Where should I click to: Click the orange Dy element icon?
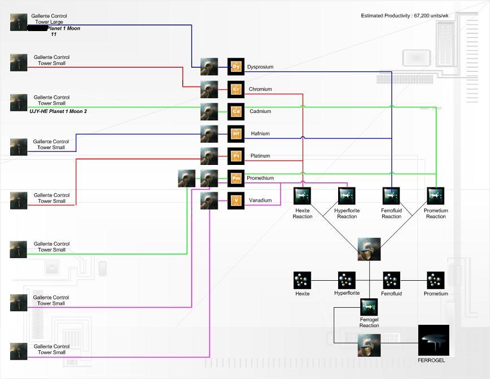(x=236, y=67)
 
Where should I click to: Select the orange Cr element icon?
(x=236, y=89)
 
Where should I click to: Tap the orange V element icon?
(x=236, y=201)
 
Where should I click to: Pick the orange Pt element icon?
(x=236, y=156)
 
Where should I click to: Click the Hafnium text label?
(x=260, y=134)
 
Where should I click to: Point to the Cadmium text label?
(x=260, y=111)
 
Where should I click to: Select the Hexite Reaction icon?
(x=303, y=196)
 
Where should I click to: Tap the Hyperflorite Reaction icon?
(x=347, y=196)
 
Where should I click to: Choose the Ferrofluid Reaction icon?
(x=391, y=196)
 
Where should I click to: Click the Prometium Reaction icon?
(x=436, y=196)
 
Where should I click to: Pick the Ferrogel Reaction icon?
(x=369, y=307)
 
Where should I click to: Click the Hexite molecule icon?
(x=303, y=280)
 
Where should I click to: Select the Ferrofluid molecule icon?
(x=391, y=280)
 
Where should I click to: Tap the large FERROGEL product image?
(x=434, y=340)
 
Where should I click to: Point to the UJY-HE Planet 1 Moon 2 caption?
(x=58, y=112)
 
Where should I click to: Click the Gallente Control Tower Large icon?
(x=19, y=22)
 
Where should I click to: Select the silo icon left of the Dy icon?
(x=209, y=67)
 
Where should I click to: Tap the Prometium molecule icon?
(x=436, y=280)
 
